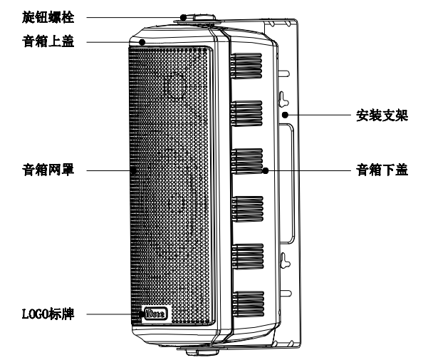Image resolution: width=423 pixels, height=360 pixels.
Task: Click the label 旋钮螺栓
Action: point(48,18)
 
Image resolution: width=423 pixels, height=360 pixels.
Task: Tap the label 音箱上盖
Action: point(48,41)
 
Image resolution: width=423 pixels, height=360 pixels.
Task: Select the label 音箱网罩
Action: point(48,170)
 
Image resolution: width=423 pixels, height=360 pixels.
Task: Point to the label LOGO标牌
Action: point(48,314)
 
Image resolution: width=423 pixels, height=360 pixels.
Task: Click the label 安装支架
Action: point(382,115)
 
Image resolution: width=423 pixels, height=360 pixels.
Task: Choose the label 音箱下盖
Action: point(382,170)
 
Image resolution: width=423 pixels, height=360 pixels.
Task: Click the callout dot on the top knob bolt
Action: point(184,18)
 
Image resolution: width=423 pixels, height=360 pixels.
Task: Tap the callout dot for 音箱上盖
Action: point(142,42)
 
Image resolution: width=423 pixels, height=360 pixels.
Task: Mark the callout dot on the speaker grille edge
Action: point(134,170)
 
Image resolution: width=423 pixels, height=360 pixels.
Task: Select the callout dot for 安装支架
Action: point(285,115)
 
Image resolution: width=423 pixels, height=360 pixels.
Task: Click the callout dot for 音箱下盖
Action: point(266,170)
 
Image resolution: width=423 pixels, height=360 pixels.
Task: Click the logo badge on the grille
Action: point(155,314)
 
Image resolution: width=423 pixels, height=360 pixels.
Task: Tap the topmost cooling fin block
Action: point(246,66)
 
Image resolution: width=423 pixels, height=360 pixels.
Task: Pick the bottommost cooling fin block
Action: point(249,304)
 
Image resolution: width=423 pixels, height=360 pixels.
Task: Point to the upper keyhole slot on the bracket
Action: point(284,99)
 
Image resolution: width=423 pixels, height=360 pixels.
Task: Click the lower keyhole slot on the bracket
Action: point(285,260)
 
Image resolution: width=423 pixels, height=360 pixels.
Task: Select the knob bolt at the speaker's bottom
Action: point(202,352)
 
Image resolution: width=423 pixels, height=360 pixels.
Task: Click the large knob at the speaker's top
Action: point(204,18)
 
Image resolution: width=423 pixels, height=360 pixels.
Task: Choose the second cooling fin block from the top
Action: point(246,113)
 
